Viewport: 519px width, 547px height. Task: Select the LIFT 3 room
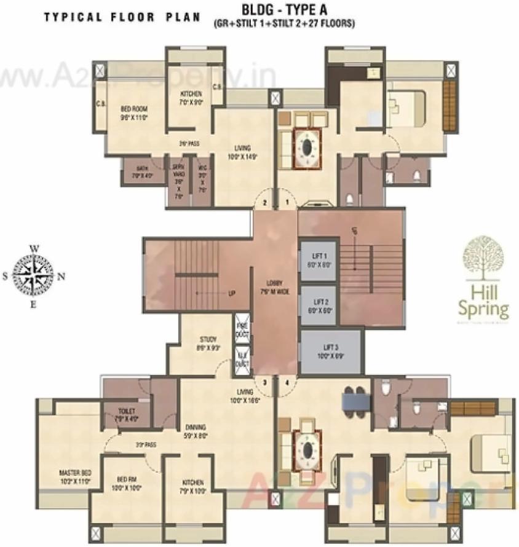330,352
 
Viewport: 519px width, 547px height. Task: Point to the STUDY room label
207,343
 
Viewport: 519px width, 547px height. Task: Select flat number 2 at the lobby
264,202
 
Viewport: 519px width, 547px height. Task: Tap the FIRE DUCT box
241,329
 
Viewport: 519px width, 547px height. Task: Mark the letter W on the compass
34,248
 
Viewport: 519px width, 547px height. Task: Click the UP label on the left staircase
232,293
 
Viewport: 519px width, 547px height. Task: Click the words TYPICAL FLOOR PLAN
122,17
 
